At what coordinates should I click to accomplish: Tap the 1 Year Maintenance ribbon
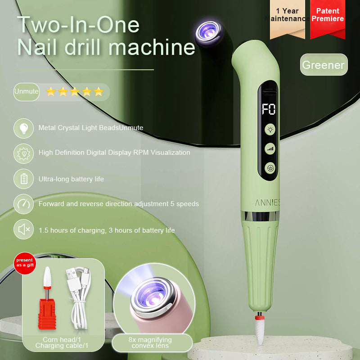coord(288,18)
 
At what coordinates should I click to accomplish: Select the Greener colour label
coord(324,64)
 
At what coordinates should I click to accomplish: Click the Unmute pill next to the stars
coord(27,92)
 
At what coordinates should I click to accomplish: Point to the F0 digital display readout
coord(269,109)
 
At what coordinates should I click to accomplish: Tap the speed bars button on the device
coord(270,149)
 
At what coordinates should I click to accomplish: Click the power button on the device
coord(270,168)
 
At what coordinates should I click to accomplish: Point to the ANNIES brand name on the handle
coord(267,202)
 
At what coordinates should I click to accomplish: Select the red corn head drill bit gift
coord(47,298)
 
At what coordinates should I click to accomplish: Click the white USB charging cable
coord(78,298)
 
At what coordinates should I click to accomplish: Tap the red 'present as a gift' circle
coord(25,263)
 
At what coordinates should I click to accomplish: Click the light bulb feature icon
coord(24,128)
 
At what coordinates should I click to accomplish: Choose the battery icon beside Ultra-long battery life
coord(24,179)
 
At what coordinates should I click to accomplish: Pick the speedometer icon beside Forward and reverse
coord(24,204)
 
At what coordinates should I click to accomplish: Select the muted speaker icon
coord(24,229)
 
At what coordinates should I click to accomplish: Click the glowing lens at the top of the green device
coord(208,32)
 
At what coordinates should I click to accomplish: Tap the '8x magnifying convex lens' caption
coord(150,342)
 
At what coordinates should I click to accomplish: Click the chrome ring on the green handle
coord(260,216)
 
